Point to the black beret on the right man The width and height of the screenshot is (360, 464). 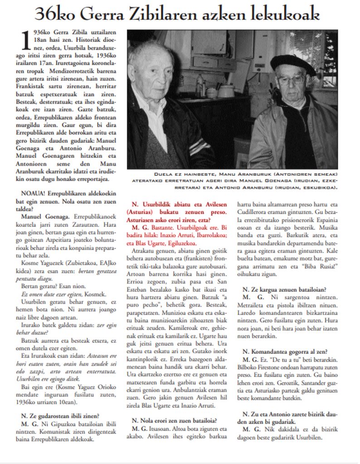click(292, 64)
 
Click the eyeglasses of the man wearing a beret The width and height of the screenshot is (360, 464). click(291, 80)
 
